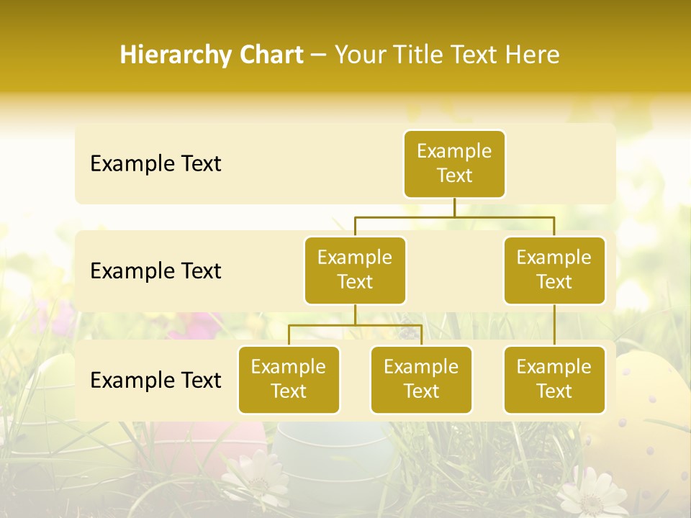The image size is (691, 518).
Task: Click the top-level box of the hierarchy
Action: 454,164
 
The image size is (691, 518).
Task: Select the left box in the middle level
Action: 355,271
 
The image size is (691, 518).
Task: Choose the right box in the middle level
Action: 554,271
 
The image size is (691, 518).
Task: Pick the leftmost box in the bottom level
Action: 289,380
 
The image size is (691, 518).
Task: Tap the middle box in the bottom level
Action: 421,380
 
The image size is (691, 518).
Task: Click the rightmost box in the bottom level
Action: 554,380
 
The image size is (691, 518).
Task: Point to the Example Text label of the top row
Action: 155,164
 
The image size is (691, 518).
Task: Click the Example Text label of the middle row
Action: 155,271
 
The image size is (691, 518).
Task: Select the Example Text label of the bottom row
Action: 155,381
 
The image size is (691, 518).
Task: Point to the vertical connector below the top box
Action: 454,207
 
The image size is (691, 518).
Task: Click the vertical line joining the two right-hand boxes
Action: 554,325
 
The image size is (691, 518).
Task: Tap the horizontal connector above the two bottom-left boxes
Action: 355,325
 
